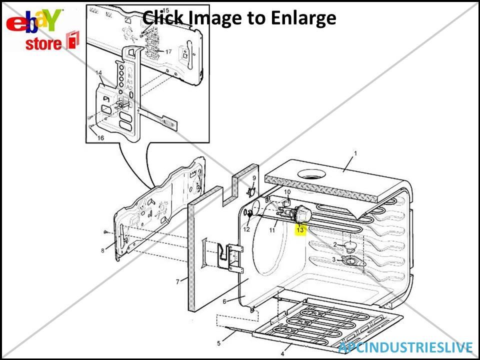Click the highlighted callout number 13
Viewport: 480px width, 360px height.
click(300, 230)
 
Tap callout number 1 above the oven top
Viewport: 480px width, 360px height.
click(356, 153)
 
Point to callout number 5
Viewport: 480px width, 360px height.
click(218, 343)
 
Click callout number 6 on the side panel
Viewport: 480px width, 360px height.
click(225, 301)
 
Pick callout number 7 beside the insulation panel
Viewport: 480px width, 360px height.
click(177, 282)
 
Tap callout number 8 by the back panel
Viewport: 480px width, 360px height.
click(102, 250)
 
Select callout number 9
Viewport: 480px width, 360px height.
click(254, 178)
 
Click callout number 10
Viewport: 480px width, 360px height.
click(287, 191)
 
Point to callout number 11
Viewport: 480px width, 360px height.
click(272, 230)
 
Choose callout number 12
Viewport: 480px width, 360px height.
click(246, 229)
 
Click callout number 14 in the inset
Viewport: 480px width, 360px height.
click(99, 73)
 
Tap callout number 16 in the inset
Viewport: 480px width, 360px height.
click(100, 138)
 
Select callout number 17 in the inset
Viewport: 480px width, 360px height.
click(168, 51)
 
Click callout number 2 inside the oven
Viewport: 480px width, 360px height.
click(335, 244)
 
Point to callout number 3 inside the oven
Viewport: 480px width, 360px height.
click(334, 259)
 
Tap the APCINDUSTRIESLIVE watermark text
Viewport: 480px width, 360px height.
click(405, 347)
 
